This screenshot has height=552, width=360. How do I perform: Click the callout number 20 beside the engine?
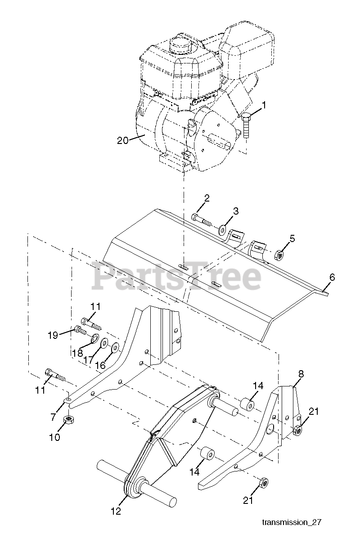tap(123, 140)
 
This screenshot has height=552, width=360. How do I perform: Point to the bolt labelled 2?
tap(201, 219)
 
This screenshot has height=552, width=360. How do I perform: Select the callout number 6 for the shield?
tap(332, 278)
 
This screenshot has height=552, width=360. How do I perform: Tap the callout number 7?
tap(54, 417)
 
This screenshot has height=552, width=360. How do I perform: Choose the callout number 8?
tap(301, 373)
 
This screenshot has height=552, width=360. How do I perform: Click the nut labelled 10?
tap(68, 421)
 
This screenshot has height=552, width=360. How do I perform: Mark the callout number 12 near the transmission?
tap(116, 511)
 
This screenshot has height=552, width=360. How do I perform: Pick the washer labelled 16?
tap(115, 348)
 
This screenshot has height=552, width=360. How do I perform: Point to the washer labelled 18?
tap(95, 338)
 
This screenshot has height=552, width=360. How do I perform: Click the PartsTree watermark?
tap(176, 277)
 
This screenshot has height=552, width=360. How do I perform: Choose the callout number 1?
tap(265, 106)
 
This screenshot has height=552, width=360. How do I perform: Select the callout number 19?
tap(54, 335)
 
